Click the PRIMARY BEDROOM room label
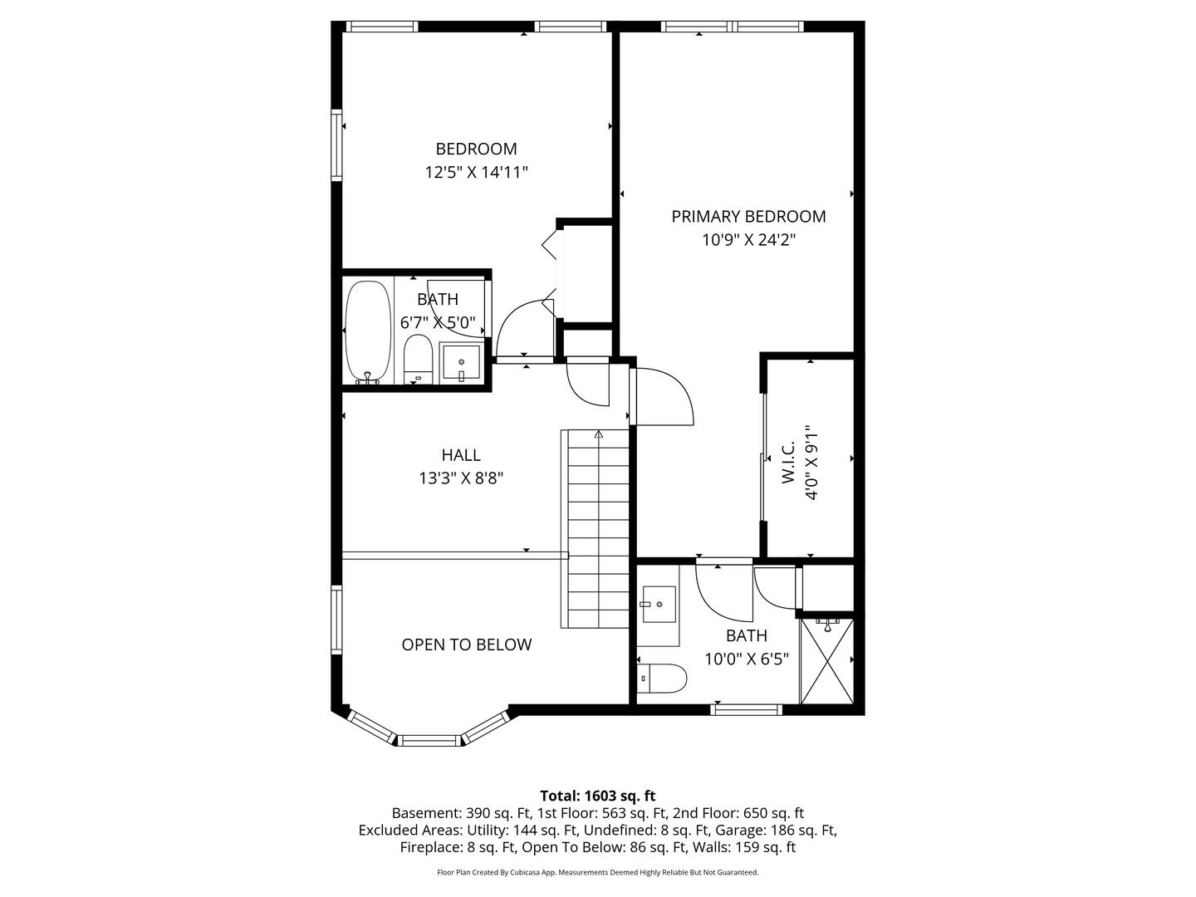[x=748, y=217]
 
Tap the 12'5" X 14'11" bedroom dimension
[x=477, y=173]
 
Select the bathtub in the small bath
[x=368, y=331]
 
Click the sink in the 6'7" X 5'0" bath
[x=461, y=362]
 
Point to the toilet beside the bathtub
[x=418, y=359]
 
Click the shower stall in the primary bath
[x=826, y=660]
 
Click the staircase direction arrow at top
[x=598, y=434]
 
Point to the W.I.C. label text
[x=788, y=463]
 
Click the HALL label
[x=461, y=455]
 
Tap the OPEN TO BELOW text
[x=467, y=645]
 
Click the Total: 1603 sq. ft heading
[x=597, y=796]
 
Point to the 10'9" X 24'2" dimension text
[x=748, y=240]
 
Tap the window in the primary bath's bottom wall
[x=746, y=709]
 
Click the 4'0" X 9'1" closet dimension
[x=811, y=463]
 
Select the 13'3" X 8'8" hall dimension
[x=461, y=478]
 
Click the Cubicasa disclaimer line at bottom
[x=597, y=872]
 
